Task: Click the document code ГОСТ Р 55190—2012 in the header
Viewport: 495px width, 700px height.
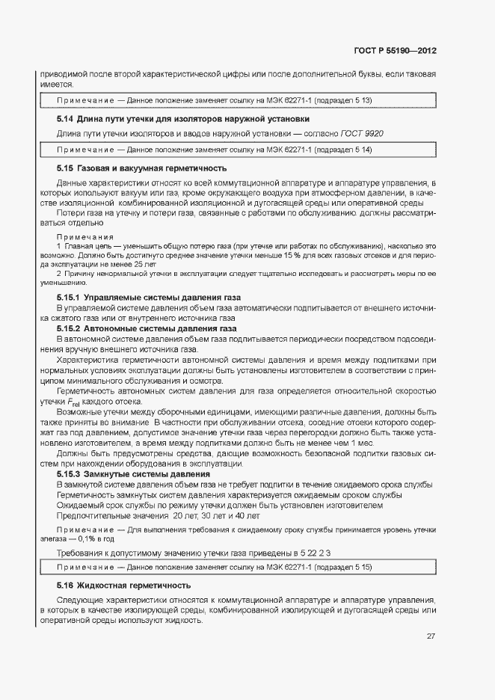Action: (x=396, y=52)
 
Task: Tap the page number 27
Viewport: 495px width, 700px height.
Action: (x=431, y=636)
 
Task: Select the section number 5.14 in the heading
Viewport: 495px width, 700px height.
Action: (x=65, y=119)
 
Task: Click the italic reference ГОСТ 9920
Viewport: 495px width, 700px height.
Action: (x=363, y=133)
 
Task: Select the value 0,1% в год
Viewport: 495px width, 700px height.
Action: (x=95, y=538)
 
